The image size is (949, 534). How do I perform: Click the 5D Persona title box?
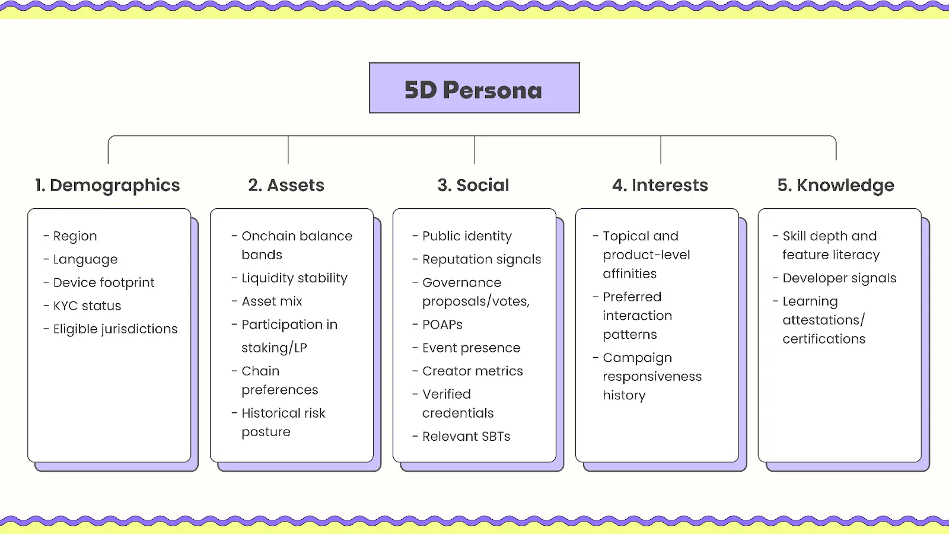click(474, 88)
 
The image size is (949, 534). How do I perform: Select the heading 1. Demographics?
click(107, 185)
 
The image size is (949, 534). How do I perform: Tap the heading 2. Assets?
click(286, 185)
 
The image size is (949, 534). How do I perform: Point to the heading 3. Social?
click(473, 185)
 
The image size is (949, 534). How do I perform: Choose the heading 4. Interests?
click(660, 185)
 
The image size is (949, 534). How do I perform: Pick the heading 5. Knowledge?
click(836, 185)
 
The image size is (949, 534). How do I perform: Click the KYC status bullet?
click(82, 306)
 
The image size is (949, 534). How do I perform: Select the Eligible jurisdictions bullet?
click(110, 329)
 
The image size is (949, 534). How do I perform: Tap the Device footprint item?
click(99, 282)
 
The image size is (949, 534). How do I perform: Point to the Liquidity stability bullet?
click(290, 278)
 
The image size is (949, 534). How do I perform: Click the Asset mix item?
click(267, 301)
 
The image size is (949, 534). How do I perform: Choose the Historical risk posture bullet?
click(279, 422)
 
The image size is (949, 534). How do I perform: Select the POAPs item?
click(438, 325)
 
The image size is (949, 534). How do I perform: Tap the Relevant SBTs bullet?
click(461, 437)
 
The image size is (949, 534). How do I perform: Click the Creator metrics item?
click(468, 371)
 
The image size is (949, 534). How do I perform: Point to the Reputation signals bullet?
click(477, 259)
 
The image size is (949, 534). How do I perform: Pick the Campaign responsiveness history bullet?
click(647, 376)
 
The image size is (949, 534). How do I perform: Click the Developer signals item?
click(835, 278)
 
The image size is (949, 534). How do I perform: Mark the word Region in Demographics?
click(75, 236)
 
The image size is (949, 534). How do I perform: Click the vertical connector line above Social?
click(474, 150)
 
